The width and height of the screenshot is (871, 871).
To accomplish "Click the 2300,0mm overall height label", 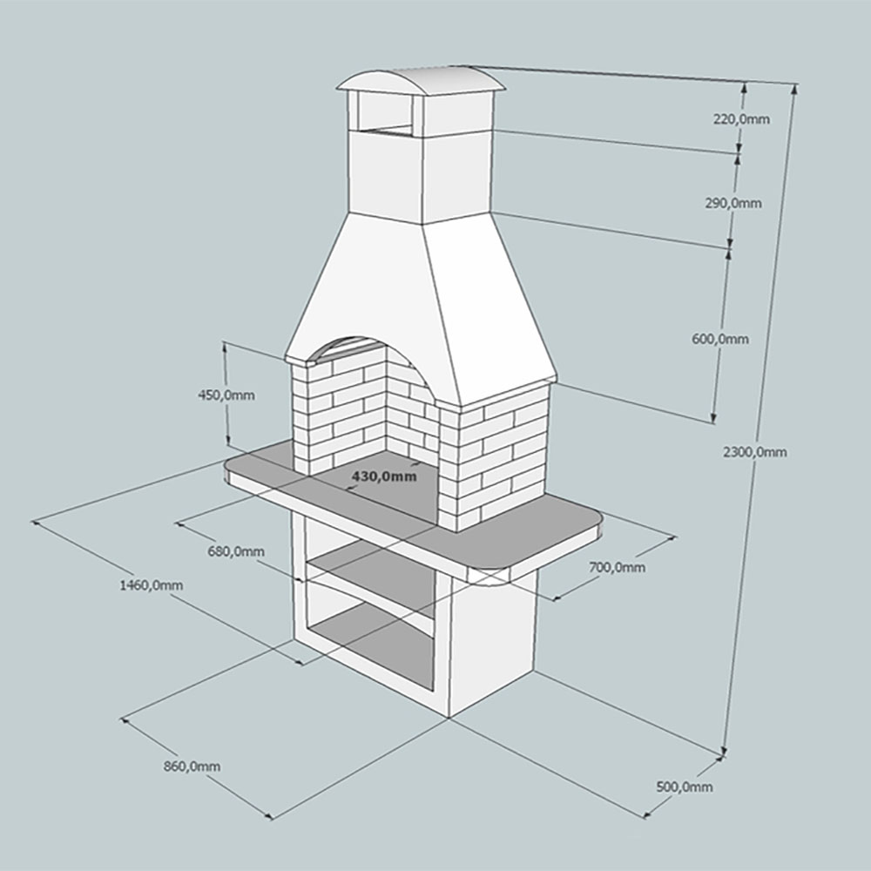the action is click(755, 452).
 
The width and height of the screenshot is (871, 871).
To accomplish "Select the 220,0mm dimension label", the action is click(741, 118).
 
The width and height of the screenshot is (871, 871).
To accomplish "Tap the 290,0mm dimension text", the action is click(733, 203).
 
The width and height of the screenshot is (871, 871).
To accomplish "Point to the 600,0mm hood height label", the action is click(720, 339).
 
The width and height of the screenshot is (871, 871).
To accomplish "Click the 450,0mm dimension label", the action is click(226, 395).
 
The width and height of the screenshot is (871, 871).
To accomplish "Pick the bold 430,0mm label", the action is click(384, 476).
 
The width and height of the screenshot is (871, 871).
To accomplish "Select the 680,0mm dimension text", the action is click(236, 551).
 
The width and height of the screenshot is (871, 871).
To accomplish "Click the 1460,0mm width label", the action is click(151, 585).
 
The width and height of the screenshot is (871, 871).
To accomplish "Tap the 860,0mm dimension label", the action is click(192, 766).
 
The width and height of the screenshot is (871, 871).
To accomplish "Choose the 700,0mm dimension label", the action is click(618, 567).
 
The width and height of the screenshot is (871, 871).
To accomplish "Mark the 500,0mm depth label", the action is click(685, 787).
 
